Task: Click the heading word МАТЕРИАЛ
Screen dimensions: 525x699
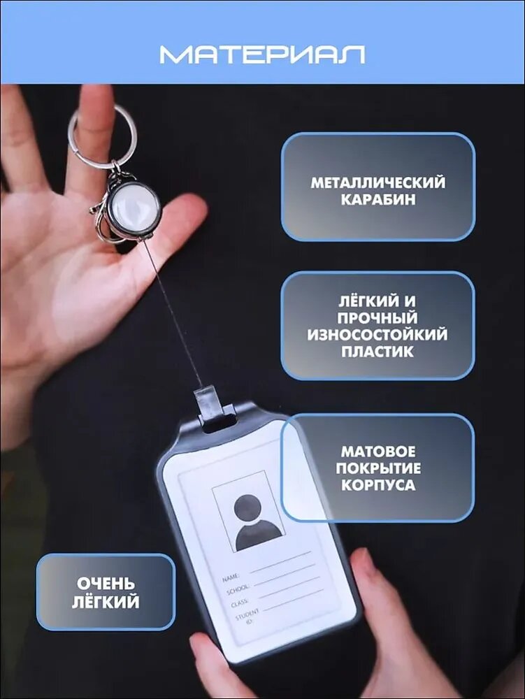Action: (263, 55)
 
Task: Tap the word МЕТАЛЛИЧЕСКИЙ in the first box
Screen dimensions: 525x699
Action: (378, 182)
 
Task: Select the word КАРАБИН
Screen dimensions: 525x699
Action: (378, 199)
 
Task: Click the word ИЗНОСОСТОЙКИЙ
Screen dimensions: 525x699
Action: (377, 334)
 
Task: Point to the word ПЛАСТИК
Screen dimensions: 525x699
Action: (377, 352)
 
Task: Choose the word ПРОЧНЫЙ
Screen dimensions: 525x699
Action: (377, 318)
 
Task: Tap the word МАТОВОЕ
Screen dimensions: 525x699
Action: (378, 452)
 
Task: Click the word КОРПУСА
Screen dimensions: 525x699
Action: (378, 485)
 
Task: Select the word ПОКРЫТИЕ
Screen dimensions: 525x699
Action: (378, 468)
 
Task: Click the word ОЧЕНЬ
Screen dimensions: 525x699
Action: (106, 584)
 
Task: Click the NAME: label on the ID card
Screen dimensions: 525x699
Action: (231, 578)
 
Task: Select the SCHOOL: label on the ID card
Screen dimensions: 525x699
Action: (238, 590)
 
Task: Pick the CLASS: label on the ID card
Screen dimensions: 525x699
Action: (239, 603)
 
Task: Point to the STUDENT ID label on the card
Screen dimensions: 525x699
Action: (247, 616)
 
